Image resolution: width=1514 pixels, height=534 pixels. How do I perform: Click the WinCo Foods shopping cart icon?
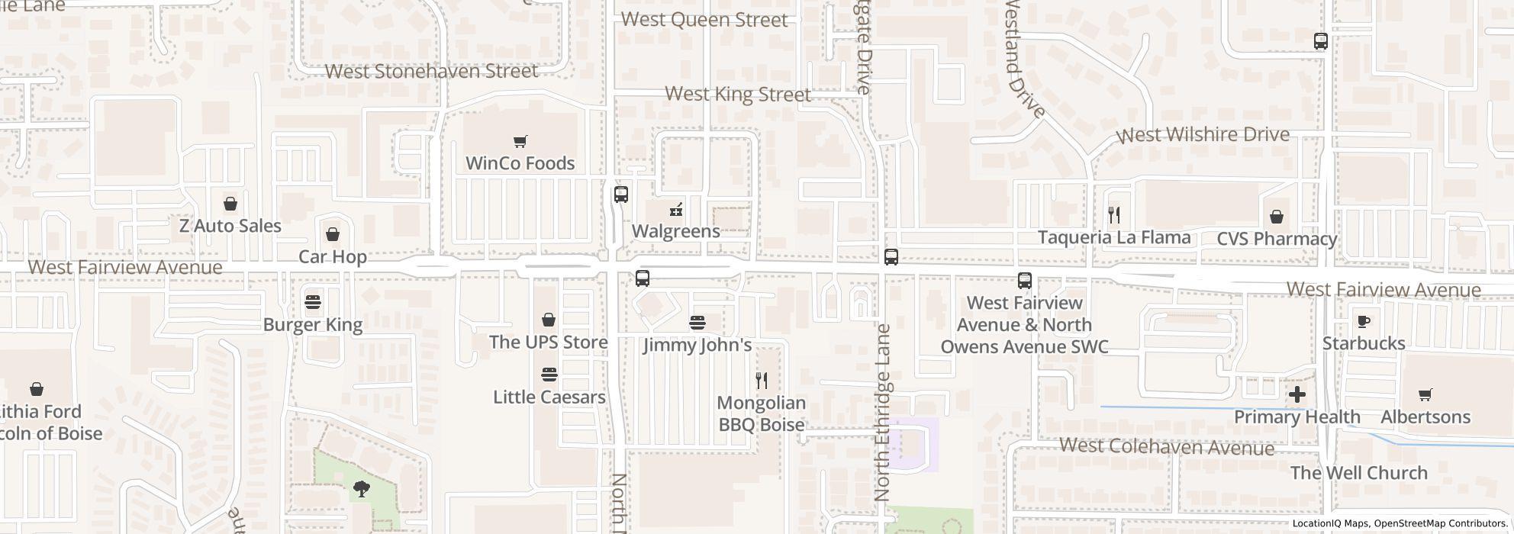520,141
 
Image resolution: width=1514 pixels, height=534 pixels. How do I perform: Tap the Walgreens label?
675,231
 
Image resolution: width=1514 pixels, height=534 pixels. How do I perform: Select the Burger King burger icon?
313,302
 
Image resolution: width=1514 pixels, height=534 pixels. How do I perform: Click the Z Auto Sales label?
230,226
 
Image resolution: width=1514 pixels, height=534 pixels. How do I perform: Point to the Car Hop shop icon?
333,234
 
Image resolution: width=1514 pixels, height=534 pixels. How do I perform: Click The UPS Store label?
548,342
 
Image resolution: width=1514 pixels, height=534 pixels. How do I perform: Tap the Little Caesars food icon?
549,375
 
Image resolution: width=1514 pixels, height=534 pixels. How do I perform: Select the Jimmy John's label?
697,345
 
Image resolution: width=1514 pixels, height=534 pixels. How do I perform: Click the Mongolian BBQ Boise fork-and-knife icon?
762,380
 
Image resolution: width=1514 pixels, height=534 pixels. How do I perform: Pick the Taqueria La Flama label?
1113,237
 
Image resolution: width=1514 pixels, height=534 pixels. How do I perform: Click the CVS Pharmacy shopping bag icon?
1276,217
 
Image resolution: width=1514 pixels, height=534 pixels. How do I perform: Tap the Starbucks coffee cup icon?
1364,321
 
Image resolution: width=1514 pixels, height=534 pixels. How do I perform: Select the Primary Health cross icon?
1297,394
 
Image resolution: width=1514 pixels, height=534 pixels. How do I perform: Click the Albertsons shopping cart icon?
1425,394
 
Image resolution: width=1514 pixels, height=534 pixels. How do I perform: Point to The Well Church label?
1358,473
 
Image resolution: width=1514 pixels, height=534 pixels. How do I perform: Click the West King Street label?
737,95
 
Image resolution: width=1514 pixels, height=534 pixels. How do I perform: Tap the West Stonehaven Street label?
431,71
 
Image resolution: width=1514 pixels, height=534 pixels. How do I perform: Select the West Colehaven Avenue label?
1166,446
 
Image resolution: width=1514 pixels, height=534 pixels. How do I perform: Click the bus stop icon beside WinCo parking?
621,195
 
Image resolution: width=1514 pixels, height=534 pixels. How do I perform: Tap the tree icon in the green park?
362,489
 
